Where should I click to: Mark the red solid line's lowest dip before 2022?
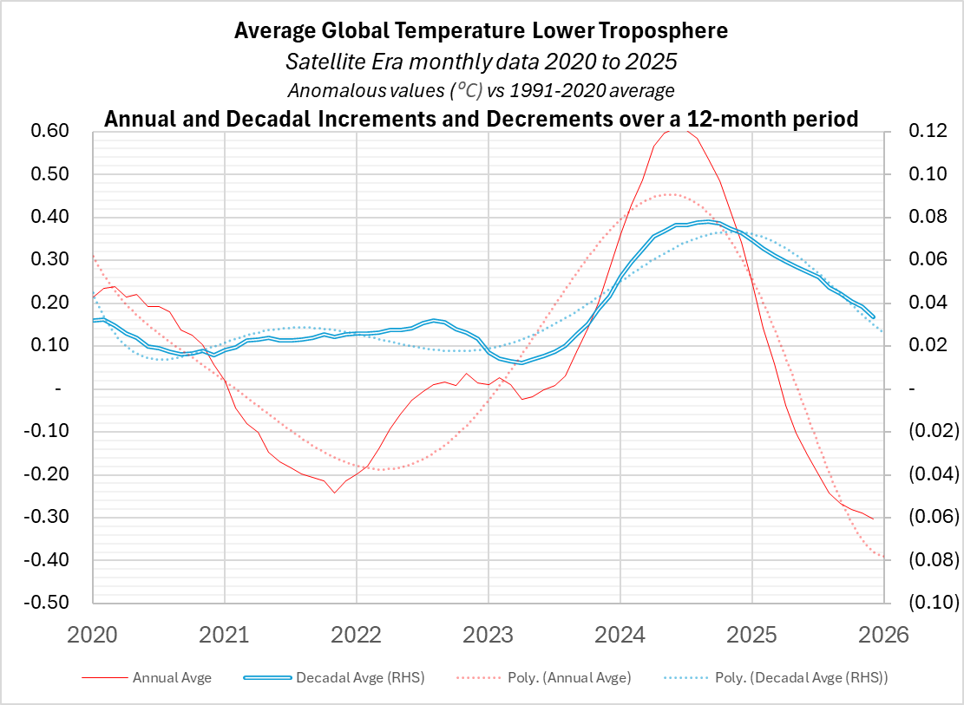click(334, 493)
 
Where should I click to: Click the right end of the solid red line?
click(873, 519)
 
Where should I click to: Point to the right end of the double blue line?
click(873, 317)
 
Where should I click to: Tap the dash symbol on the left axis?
click(58, 389)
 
